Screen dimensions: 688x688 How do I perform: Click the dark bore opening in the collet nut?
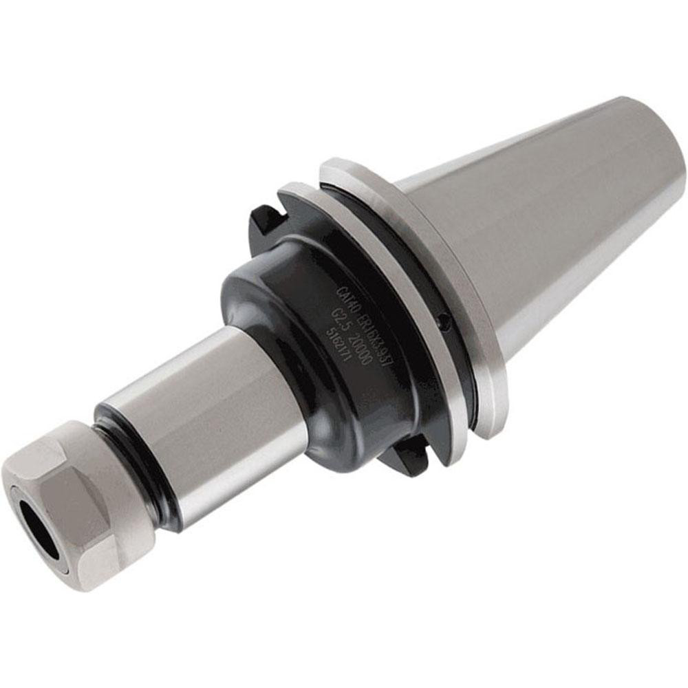pos(34,522)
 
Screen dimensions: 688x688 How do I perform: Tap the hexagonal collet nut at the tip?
pos(76,502)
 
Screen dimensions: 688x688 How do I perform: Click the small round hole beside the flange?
pos(445,319)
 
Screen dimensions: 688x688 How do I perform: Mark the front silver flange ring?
pos(385,296)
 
